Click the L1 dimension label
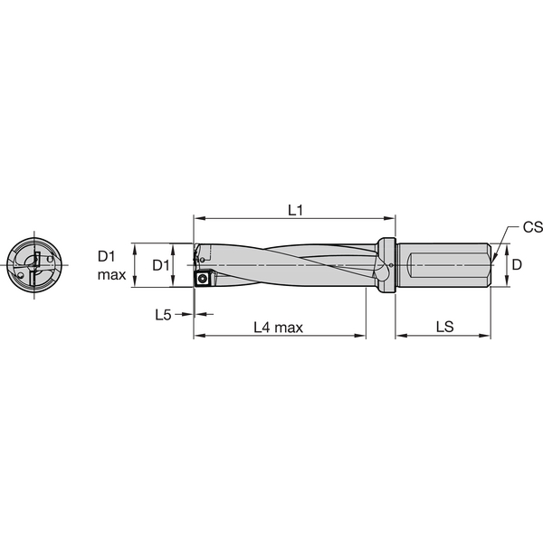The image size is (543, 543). [295, 210]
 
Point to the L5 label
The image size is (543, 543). [163, 315]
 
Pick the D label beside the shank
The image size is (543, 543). [517, 264]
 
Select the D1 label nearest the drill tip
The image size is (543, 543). [159, 264]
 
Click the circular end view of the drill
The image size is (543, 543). [34, 266]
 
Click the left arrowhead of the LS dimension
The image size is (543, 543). [401, 336]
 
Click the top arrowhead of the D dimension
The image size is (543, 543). [503, 247]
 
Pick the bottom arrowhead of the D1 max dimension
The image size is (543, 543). [134, 284]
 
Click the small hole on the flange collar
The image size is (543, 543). [390, 279]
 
